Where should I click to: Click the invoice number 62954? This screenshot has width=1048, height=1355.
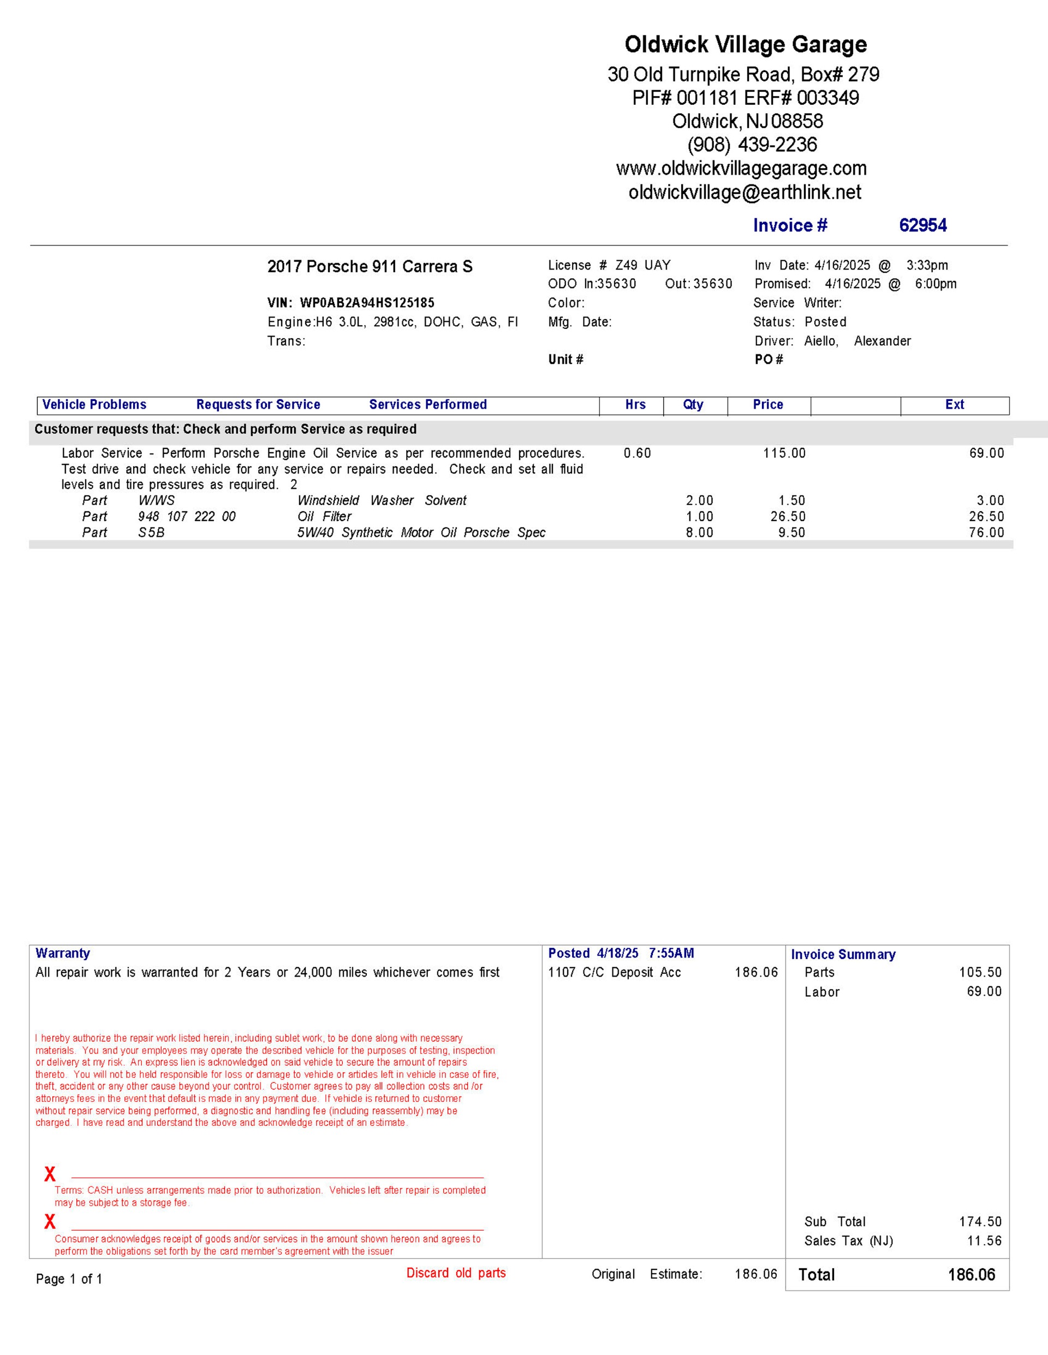coord(922,225)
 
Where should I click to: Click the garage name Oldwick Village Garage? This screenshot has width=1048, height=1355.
coord(745,45)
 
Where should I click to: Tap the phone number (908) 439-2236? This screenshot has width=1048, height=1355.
coord(752,145)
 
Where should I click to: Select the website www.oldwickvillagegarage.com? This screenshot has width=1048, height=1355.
coord(741,168)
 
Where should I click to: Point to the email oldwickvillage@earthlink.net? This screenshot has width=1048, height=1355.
coord(745,193)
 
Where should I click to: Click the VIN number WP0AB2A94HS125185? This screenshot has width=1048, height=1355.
coord(367,303)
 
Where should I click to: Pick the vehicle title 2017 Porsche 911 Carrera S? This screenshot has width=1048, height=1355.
coord(370,267)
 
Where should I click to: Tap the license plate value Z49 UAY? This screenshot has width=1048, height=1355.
coord(642,266)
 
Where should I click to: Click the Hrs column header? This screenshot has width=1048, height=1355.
coord(635,405)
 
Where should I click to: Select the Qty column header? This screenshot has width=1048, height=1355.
coord(693,405)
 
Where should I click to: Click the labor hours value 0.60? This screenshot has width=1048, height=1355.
coord(637,453)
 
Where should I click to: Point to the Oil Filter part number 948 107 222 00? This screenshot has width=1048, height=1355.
coord(187,517)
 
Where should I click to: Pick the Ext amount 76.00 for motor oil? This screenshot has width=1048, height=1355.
coord(986,533)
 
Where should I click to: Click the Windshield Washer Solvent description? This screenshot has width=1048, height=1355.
coord(382,501)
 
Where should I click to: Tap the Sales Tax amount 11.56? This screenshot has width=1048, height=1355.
coord(984,1241)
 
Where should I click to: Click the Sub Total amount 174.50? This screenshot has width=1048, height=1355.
coord(980,1221)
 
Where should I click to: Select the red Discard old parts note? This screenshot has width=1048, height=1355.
coord(456,1273)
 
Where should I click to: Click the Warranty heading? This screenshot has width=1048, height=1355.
coord(63,954)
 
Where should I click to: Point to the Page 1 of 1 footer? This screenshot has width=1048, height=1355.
coord(69,1279)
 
